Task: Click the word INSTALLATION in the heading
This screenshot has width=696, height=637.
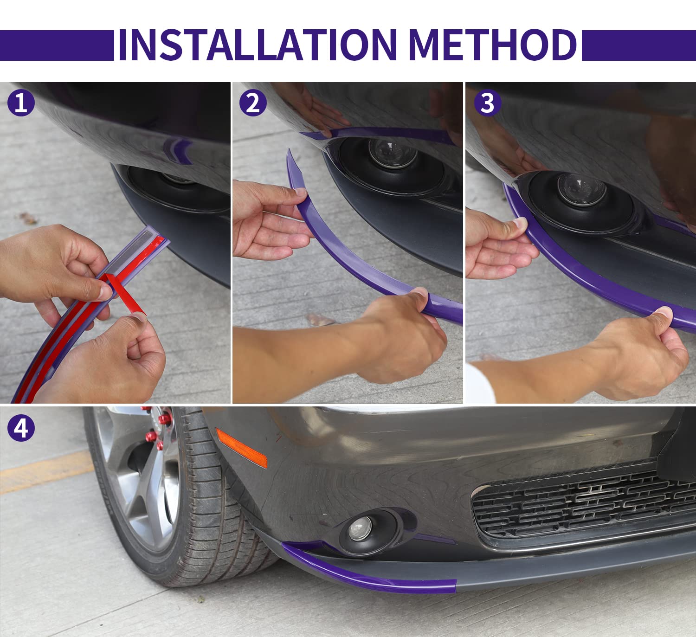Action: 258,45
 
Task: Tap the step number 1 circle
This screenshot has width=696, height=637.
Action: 21,103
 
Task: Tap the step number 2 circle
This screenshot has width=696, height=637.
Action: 253,103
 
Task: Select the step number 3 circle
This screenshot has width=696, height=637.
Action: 487,103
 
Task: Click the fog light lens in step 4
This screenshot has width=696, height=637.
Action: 361,528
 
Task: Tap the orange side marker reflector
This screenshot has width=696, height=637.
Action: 241,448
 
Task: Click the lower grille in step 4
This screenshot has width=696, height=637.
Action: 580,506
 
